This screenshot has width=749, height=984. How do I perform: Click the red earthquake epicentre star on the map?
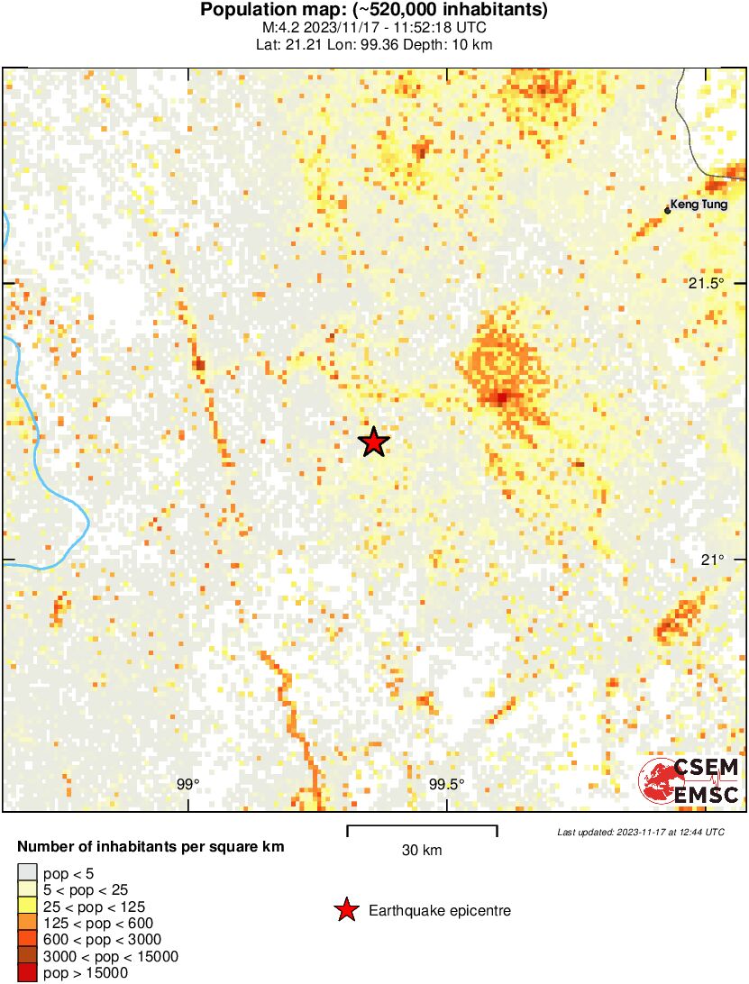(x=373, y=442)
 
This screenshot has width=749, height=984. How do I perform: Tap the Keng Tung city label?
(x=699, y=205)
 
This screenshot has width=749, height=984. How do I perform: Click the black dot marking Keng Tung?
(x=668, y=211)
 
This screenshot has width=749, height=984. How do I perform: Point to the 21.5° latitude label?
(x=707, y=284)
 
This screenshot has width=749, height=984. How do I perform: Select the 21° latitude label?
(x=712, y=560)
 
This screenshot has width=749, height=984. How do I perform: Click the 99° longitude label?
(x=187, y=784)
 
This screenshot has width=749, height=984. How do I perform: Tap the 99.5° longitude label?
(x=446, y=784)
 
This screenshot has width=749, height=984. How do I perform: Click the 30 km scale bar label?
(x=422, y=851)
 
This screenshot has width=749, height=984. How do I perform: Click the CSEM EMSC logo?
(x=690, y=780)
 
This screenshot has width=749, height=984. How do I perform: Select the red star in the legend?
(x=346, y=911)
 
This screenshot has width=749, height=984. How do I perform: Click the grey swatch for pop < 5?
(x=28, y=872)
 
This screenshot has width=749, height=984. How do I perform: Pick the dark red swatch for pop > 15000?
(x=28, y=973)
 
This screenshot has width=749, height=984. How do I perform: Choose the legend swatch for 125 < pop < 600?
(x=28, y=923)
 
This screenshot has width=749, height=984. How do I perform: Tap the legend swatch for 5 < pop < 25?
(x=28, y=889)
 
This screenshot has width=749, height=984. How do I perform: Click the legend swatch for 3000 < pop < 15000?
(x=28, y=956)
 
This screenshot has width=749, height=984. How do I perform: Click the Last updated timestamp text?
(x=641, y=832)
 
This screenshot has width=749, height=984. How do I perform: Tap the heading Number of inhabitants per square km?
(x=151, y=847)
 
